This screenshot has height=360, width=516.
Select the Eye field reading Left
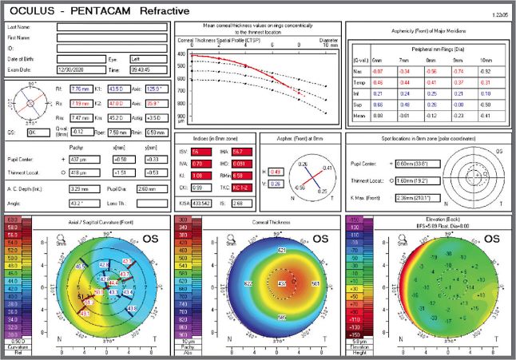[x=145, y=59]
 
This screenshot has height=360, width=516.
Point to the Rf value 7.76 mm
[x=81, y=90]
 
